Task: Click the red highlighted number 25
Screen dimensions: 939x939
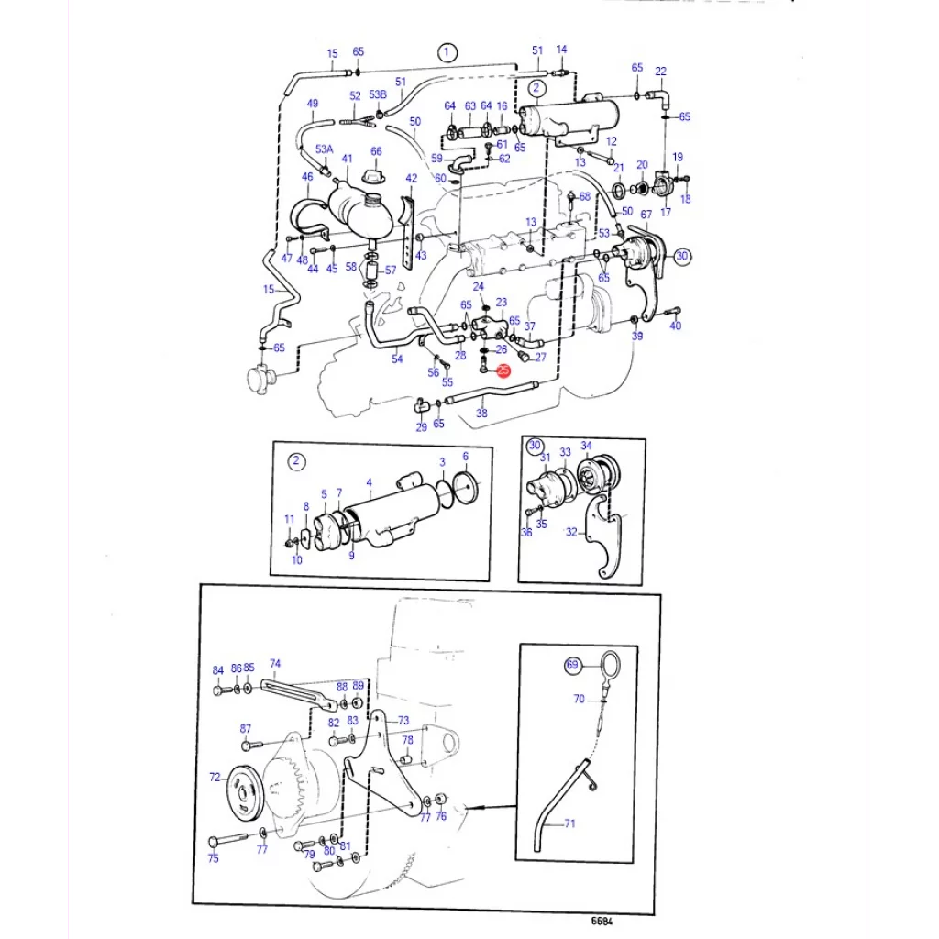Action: click(x=503, y=370)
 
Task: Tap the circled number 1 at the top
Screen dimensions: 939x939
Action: click(x=447, y=52)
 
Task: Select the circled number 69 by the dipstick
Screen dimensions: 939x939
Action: click(x=572, y=665)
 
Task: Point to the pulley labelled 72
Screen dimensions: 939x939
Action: click(x=246, y=795)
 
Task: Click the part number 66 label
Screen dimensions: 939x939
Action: click(x=376, y=151)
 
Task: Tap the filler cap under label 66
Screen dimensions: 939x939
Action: click(x=374, y=176)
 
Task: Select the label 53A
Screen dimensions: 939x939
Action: click(x=324, y=149)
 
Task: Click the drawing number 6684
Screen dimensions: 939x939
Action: click(x=602, y=921)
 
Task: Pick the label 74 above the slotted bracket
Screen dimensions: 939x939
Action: click(x=275, y=664)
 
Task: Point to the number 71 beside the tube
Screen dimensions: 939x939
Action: click(x=569, y=823)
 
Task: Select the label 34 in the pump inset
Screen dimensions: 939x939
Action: click(x=586, y=446)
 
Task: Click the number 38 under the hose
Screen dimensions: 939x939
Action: click(x=481, y=413)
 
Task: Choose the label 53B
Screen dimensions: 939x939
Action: click(x=378, y=94)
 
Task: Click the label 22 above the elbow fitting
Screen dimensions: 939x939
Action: click(x=660, y=71)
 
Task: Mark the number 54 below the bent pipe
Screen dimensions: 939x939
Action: click(x=397, y=359)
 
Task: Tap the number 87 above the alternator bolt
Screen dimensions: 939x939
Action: click(x=246, y=728)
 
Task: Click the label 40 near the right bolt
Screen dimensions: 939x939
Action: click(x=676, y=326)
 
